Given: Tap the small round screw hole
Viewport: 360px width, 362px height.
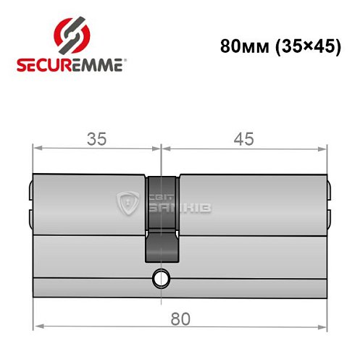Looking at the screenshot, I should [160, 277].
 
